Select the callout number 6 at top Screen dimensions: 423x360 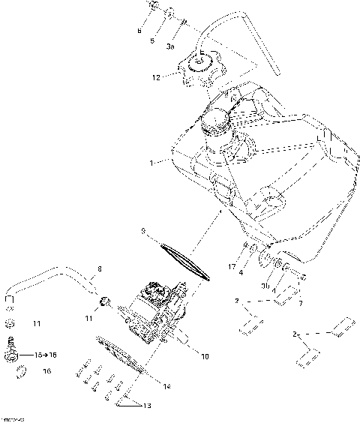tap(139, 31)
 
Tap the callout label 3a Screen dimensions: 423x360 tap(170, 46)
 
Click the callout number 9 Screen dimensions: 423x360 tap(142, 232)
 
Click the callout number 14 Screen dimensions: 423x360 tap(166, 386)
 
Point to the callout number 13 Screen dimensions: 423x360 tap(147, 406)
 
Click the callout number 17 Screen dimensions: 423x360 tap(232, 265)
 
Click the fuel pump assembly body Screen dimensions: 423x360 tap(154, 311)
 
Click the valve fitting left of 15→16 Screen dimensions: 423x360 tap(12, 346)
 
